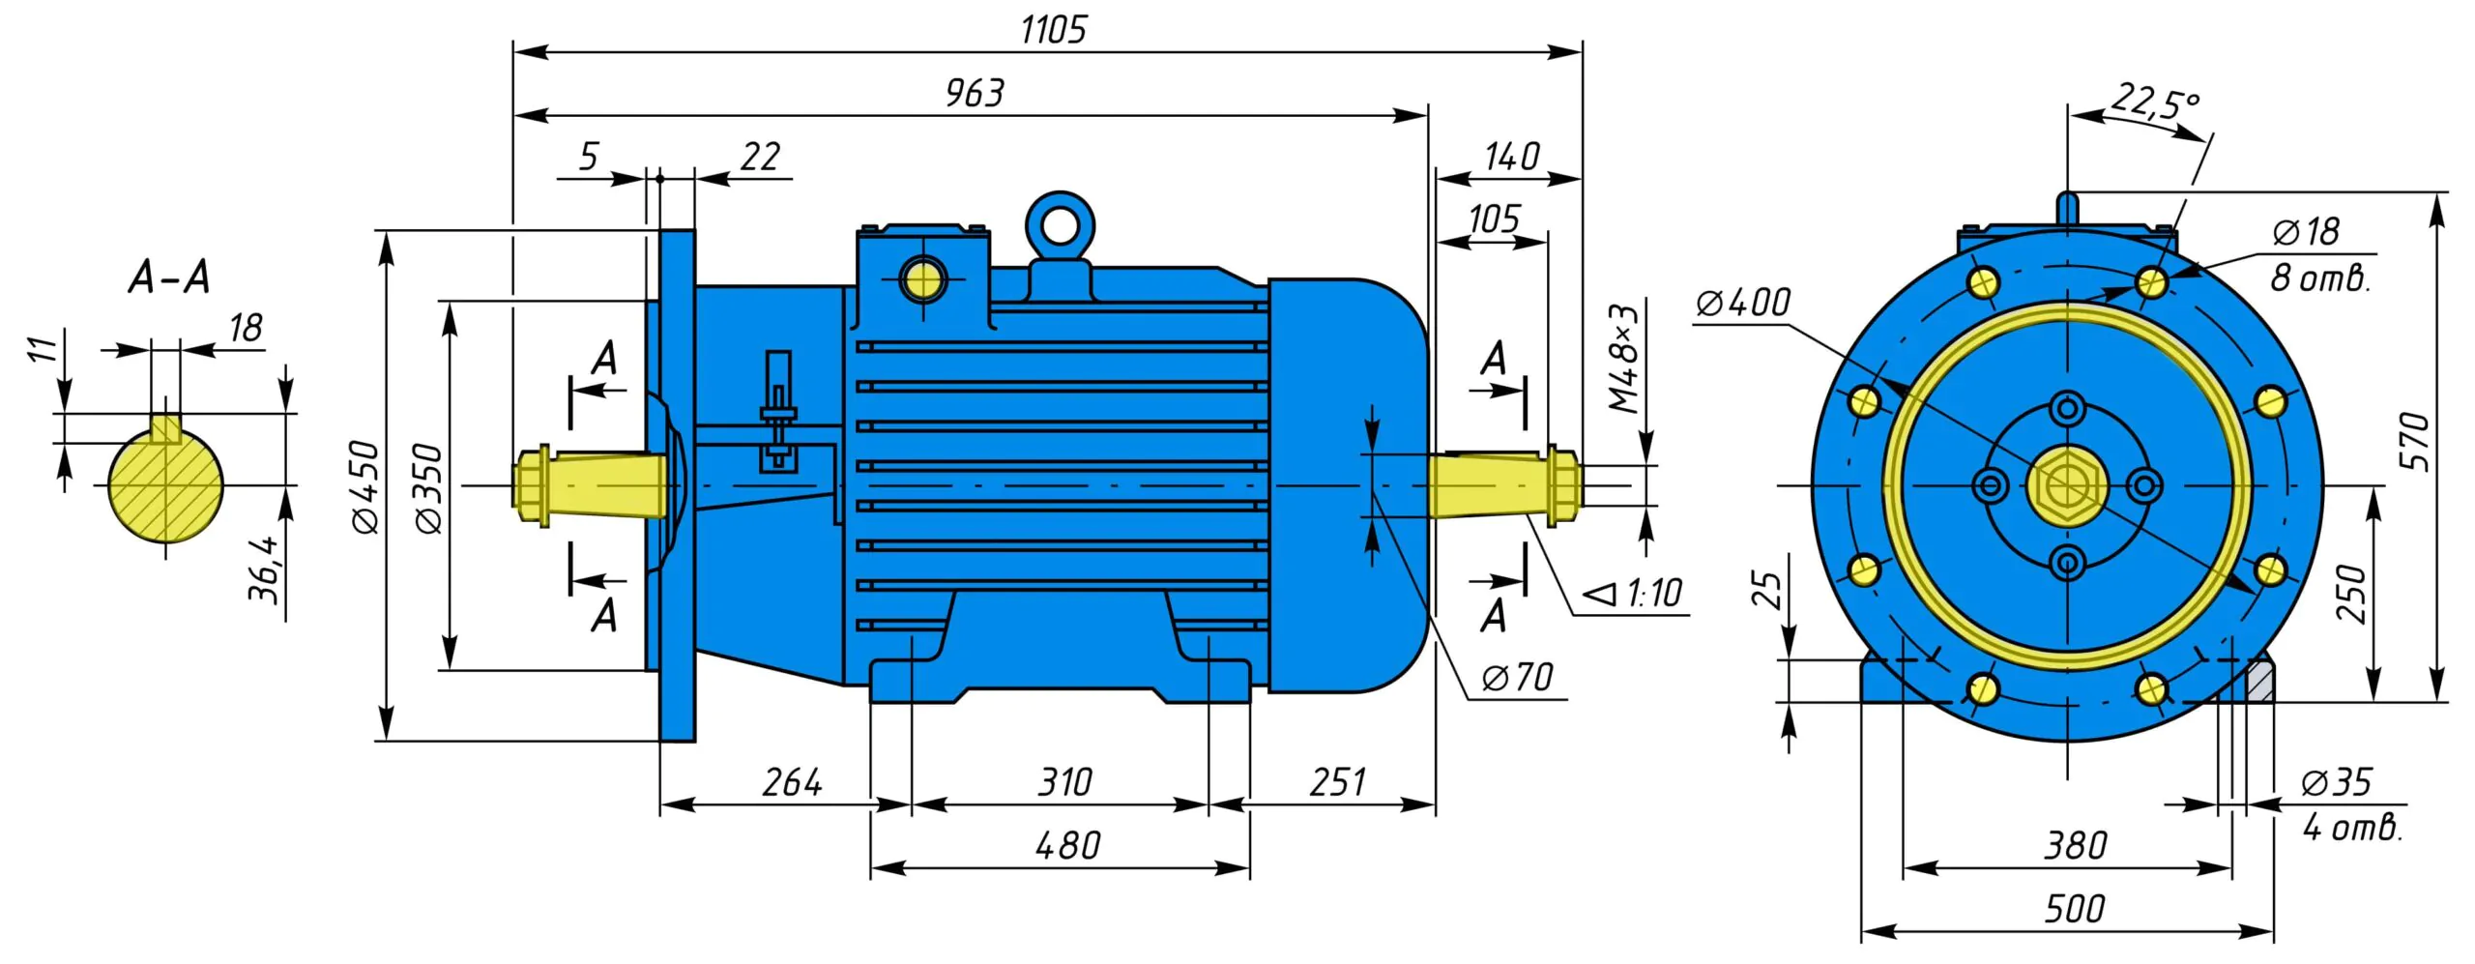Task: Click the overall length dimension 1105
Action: point(1053,30)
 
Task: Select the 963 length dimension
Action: point(975,94)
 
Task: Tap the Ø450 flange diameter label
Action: point(366,487)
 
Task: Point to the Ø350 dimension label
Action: point(428,488)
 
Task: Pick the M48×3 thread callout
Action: point(1624,359)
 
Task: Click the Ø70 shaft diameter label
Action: point(1518,678)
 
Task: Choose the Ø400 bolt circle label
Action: point(1743,303)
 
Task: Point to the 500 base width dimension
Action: point(2074,909)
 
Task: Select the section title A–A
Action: point(169,278)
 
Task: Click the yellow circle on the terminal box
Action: point(922,280)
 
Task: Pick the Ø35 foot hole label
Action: point(2336,782)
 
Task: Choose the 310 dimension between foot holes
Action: point(1064,782)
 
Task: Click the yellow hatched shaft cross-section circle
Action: point(165,483)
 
